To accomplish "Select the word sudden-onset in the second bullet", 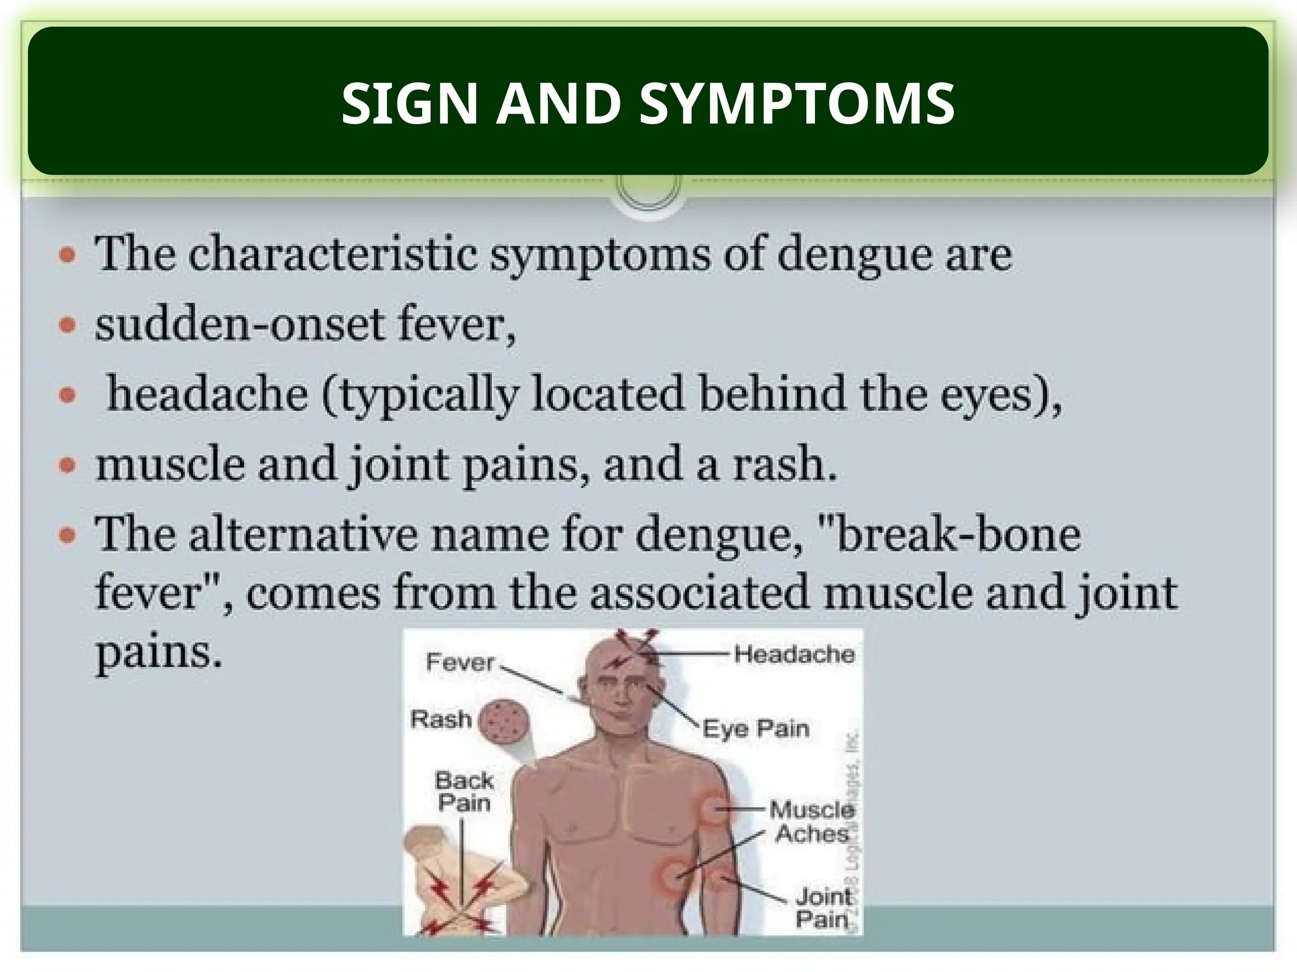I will click(x=242, y=324).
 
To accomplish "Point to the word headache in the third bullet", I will click(x=207, y=394).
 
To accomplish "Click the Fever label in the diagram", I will click(x=460, y=662).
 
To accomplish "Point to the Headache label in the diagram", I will click(x=794, y=653).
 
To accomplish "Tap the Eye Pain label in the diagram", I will click(x=756, y=729).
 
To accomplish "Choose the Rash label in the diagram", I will click(x=441, y=720).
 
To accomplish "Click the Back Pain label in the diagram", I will click(x=464, y=791).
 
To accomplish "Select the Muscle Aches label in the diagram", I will click(x=812, y=821).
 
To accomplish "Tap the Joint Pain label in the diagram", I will click(x=823, y=907).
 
